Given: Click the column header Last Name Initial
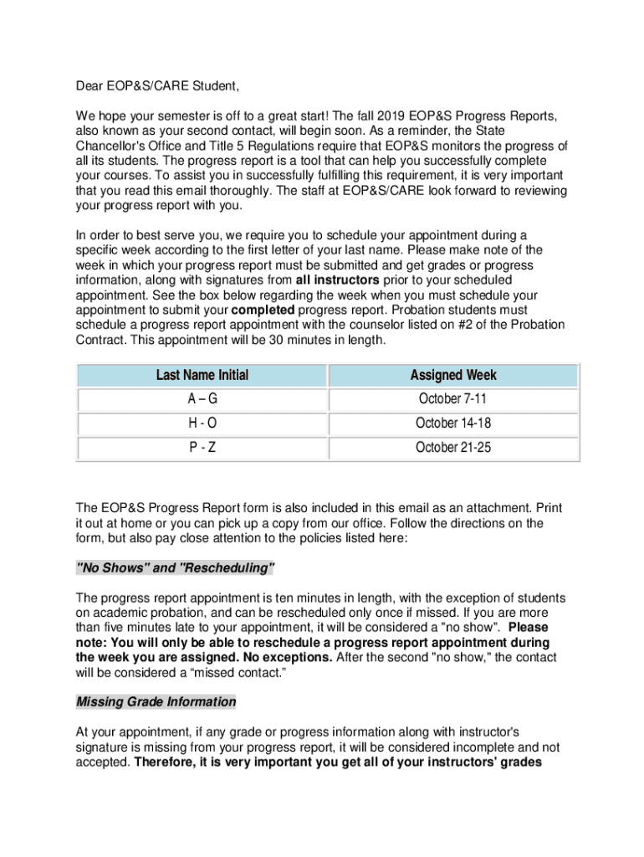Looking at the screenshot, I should [x=202, y=375].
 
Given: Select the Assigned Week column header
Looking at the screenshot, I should [x=452, y=375].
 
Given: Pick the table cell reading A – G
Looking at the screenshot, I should [x=202, y=399].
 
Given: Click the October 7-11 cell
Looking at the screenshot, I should [x=452, y=399].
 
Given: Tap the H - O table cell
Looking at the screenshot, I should [x=202, y=423].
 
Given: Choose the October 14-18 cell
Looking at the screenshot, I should [x=452, y=423].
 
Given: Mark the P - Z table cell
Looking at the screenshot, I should [x=202, y=448].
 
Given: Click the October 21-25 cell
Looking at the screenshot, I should [x=452, y=448].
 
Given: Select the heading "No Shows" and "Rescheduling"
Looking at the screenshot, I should [x=176, y=568].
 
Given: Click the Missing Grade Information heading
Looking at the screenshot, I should [x=156, y=701].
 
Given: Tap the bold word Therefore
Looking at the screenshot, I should [x=165, y=762].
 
